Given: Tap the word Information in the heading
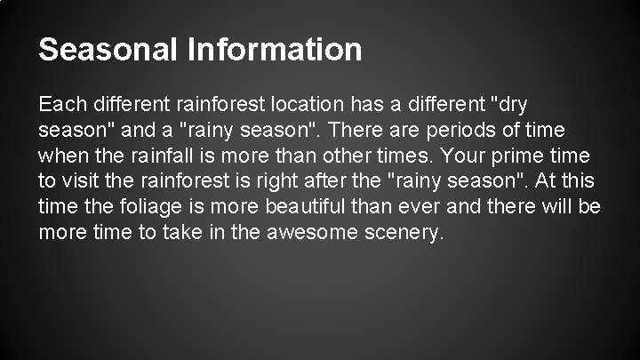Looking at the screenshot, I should click(x=275, y=49).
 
